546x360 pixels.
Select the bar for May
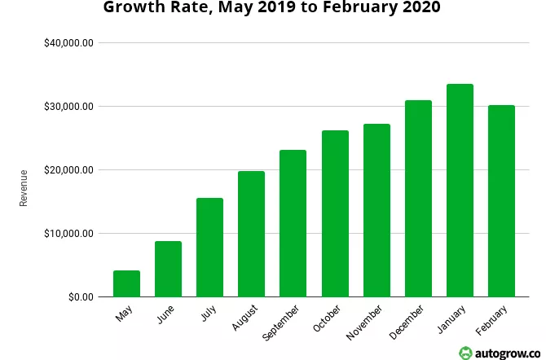point(126,283)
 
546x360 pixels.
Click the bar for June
point(168,269)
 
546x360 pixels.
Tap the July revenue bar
point(209,248)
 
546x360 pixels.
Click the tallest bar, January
point(460,191)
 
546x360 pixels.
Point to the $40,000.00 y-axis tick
point(69,43)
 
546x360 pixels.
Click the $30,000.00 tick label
point(69,107)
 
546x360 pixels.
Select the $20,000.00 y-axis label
point(69,170)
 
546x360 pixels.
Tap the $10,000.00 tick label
point(69,234)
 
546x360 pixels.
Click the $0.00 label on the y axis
point(80,297)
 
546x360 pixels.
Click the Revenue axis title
point(24,187)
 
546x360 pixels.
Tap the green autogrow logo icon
point(465,352)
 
